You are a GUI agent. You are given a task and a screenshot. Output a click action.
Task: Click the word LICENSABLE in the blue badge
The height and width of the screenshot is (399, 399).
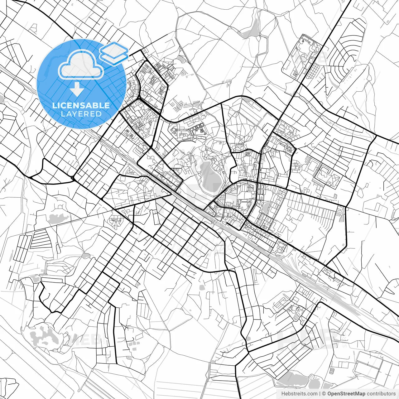(81, 105)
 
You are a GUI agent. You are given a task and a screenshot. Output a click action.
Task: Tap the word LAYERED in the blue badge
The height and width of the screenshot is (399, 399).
(81, 114)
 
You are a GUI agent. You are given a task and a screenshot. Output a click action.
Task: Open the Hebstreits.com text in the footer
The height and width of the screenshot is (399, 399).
(300, 394)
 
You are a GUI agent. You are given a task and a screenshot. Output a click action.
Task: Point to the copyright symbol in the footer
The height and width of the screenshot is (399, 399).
(324, 394)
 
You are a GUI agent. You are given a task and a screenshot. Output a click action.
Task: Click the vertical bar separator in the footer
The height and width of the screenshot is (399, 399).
(320, 394)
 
